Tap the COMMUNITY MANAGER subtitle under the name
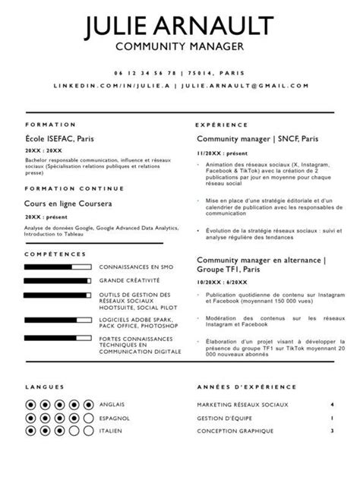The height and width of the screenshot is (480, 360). point(179,47)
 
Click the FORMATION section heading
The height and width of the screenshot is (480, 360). point(50,124)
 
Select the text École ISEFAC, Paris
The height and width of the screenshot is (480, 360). point(59,139)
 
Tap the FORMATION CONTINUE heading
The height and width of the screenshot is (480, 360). point(64,188)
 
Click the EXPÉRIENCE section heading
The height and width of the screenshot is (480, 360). point(222,124)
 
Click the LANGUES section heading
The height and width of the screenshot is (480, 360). point(39,386)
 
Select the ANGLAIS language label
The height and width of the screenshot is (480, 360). point(112,404)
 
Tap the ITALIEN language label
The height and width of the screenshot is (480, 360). point(111,431)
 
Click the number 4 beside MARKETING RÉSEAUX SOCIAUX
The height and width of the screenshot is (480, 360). point(332,405)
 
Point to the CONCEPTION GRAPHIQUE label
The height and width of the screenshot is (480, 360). point(235,431)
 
